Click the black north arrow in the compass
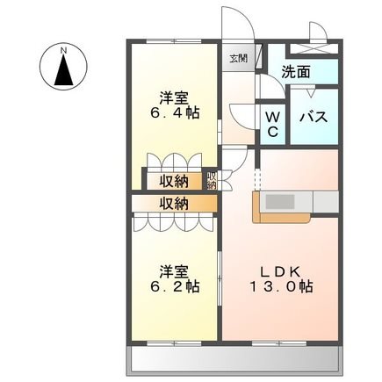(x=63, y=70)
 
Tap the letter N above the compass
(x=63, y=51)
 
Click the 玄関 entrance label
(x=238, y=59)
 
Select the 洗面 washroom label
(x=296, y=72)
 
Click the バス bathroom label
(x=314, y=117)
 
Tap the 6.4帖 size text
(x=175, y=112)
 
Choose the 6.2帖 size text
(x=175, y=287)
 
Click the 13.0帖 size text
(x=281, y=287)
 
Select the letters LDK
(x=281, y=272)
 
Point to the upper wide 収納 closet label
(x=174, y=182)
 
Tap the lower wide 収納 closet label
(x=174, y=204)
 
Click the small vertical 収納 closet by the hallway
(x=212, y=181)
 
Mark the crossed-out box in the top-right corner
(x=314, y=48)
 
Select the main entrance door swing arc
(x=246, y=18)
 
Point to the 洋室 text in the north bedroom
(x=174, y=98)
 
